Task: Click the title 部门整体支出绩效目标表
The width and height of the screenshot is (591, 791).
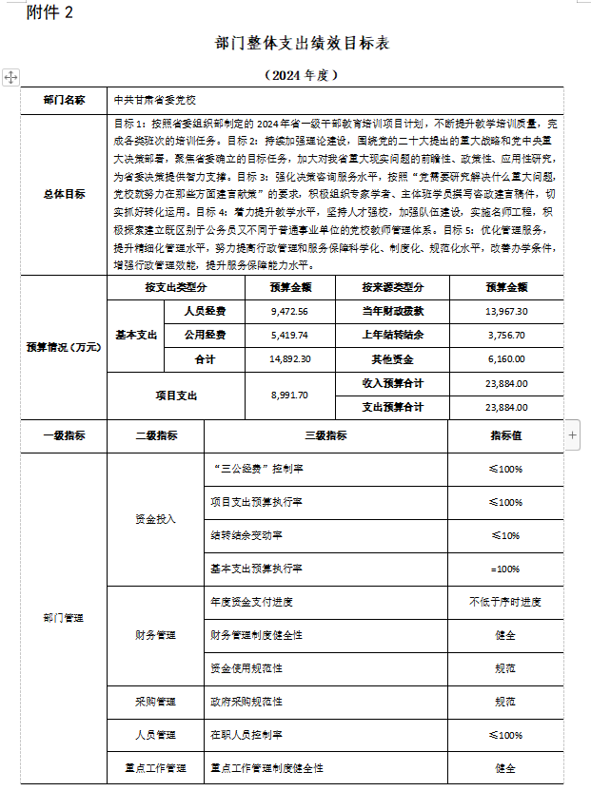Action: click(x=303, y=44)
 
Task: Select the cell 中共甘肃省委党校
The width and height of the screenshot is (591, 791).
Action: click(x=157, y=99)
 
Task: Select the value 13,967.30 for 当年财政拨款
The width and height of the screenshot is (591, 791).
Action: click(x=506, y=311)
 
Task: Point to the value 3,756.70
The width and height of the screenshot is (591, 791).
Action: click(x=506, y=335)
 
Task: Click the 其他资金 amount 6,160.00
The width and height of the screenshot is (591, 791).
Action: click(x=506, y=359)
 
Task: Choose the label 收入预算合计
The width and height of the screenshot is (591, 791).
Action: click(x=392, y=383)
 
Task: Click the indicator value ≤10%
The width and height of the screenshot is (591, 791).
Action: click(x=505, y=535)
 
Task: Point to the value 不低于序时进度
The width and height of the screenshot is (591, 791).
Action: click(x=505, y=602)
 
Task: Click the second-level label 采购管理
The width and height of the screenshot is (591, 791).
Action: click(x=155, y=702)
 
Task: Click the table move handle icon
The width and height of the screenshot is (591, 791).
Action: click(x=10, y=76)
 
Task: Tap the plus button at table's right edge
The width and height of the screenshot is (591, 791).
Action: click(x=573, y=434)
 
